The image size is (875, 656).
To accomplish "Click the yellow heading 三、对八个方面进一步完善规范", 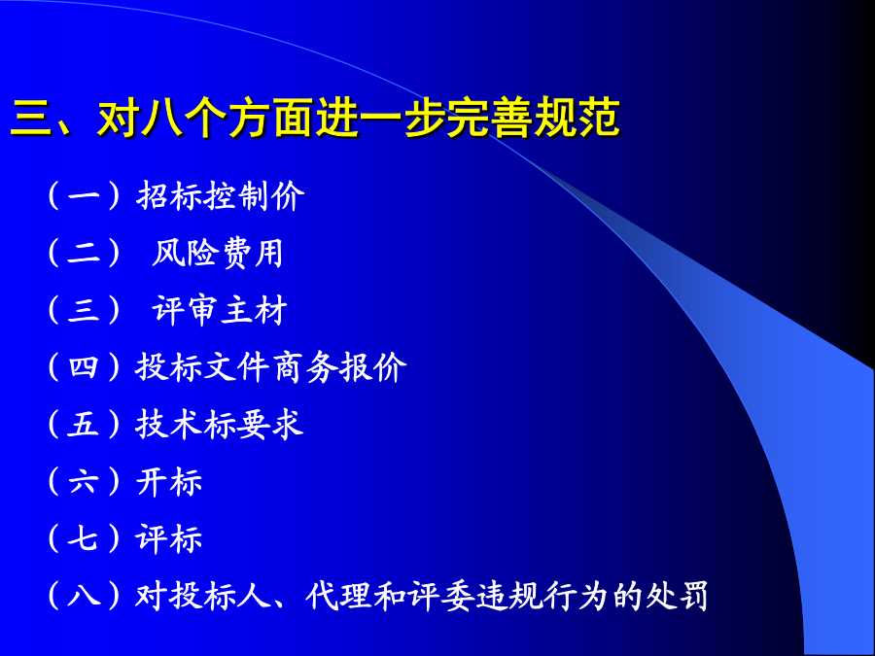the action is click(x=315, y=118).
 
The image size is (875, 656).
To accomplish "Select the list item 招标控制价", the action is click(x=221, y=195).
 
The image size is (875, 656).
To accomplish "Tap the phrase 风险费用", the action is click(x=217, y=254).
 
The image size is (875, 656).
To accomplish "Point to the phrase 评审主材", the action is click(x=220, y=310).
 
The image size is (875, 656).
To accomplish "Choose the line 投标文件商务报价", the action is click(x=270, y=367).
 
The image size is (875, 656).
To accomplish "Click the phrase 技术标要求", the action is click(x=220, y=424).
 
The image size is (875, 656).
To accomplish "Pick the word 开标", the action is click(x=168, y=481).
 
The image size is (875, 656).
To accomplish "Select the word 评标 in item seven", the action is click(x=168, y=538).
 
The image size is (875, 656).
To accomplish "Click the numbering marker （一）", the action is click(x=84, y=195).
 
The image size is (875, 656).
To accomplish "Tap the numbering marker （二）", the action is click(x=84, y=254).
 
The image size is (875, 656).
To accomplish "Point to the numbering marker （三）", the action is click(x=84, y=310).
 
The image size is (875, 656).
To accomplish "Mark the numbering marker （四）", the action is click(x=84, y=367).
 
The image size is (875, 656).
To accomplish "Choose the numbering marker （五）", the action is click(x=84, y=424).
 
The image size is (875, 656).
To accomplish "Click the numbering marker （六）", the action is click(x=84, y=481).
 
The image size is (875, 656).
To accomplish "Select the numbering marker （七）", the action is click(x=84, y=538).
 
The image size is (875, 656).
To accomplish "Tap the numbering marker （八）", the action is click(x=84, y=596).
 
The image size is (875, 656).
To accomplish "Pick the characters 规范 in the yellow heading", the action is click(x=577, y=118).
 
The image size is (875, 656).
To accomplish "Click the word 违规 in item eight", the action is click(x=507, y=596).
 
